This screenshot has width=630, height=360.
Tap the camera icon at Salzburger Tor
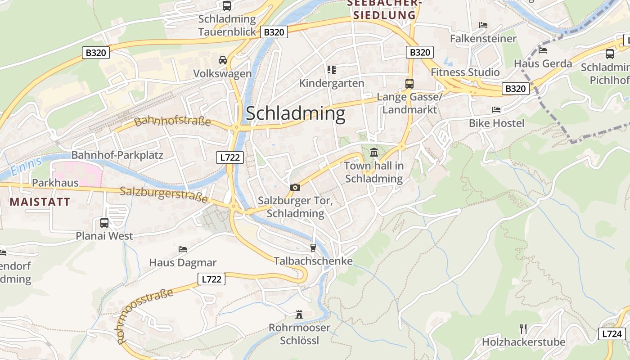click(x=295, y=187)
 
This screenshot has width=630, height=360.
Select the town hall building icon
click(x=373, y=153)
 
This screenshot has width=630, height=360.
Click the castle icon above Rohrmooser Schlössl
click(x=299, y=314)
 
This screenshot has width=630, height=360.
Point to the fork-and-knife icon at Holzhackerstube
click(x=523, y=329)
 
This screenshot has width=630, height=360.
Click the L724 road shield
click(x=612, y=333)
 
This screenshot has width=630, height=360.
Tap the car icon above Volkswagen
click(x=222, y=60)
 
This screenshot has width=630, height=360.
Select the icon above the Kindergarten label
click(x=332, y=70)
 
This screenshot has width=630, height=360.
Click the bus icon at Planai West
click(x=104, y=222)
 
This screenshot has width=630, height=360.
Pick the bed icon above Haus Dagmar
click(x=183, y=249)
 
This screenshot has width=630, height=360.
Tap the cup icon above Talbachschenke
click(x=313, y=247)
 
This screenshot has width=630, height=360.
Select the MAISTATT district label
click(x=40, y=202)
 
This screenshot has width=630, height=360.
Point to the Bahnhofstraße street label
click(x=172, y=121)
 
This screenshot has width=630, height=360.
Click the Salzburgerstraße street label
click(x=164, y=194)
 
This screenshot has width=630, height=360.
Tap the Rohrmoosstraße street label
click(x=145, y=316)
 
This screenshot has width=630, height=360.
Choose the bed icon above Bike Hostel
click(x=496, y=109)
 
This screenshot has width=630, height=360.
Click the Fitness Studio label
click(x=465, y=72)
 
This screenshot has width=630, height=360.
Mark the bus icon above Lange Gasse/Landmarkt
click(x=409, y=83)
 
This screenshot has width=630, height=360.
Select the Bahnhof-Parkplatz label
click(x=117, y=155)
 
